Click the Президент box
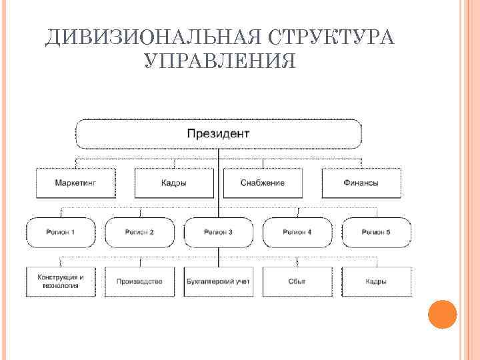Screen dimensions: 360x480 click(x=218, y=133)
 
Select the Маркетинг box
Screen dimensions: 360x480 click(x=75, y=183)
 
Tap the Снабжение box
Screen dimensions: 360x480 click(x=262, y=183)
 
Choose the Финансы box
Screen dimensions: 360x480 click(x=361, y=183)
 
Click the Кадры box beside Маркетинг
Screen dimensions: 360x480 click(x=174, y=183)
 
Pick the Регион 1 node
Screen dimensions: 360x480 click(x=61, y=232)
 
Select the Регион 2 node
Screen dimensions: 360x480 click(x=139, y=232)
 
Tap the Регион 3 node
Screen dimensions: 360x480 click(x=218, y=232)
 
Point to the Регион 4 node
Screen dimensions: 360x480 click(x=297, y=232)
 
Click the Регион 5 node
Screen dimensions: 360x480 click(x=376, y=232)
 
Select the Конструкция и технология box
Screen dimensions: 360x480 click(x=61, y=281)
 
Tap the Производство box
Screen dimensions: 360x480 click(x=139, y=281)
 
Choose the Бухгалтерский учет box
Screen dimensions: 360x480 click(x=218, y=281)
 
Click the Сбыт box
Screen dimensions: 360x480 click(x=297, y=281)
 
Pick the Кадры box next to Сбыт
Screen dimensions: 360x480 click(x=376, y=281)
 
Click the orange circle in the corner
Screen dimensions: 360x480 click(x=441, y=314)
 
